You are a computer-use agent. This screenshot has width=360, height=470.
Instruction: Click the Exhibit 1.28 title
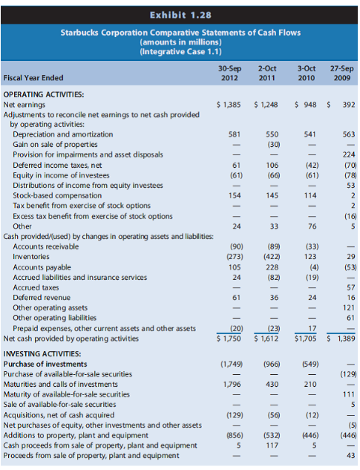180,15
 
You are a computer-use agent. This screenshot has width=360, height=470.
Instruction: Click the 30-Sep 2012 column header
229,74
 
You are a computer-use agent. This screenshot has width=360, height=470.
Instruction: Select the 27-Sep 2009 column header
342,74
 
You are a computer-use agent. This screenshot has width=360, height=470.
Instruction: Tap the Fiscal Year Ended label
33,78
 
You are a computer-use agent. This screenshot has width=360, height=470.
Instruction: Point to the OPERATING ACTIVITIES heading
44,94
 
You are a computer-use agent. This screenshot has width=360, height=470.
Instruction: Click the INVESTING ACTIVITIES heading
42,353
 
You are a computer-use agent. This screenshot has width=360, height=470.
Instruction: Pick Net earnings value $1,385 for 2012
229,105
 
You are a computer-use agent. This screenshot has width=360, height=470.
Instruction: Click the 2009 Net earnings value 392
349,105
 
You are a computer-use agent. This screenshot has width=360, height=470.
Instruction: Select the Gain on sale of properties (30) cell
274,145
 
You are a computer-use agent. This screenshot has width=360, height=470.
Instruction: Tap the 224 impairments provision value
349,154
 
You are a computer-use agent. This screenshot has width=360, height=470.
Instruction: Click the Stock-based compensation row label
57,195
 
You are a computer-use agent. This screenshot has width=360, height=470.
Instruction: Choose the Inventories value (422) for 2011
272,257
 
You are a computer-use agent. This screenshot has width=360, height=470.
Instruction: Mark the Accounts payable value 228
272,267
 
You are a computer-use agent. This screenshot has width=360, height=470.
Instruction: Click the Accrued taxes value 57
350,287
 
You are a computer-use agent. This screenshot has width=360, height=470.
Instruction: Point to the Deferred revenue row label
42,298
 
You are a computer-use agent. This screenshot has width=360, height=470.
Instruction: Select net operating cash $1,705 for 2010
305,339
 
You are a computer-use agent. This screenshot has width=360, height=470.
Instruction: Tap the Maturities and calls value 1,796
232,385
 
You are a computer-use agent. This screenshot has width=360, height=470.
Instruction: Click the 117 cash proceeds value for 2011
272,445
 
